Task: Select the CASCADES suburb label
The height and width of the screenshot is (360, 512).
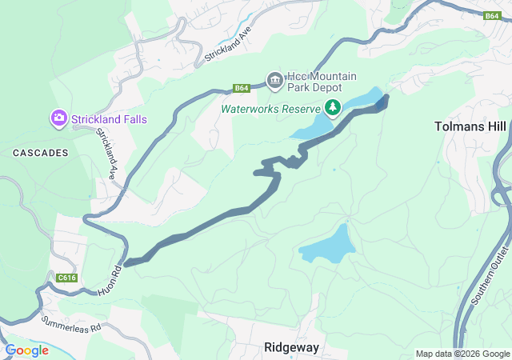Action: (38, 151)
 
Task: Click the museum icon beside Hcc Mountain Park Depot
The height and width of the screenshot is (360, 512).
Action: (275, 78)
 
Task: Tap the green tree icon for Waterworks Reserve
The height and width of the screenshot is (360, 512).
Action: (332, 107)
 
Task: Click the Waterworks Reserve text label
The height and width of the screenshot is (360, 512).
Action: (270, 108)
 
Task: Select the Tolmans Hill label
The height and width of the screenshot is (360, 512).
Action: (470, 126)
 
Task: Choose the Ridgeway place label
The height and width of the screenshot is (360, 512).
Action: (291, 347)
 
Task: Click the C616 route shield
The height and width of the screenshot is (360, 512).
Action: (66, 278)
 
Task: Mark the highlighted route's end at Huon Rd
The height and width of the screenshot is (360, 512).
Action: (126, 262)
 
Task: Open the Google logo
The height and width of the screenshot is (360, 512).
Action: (26, 350)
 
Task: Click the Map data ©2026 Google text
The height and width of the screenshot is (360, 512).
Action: (462, 354)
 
